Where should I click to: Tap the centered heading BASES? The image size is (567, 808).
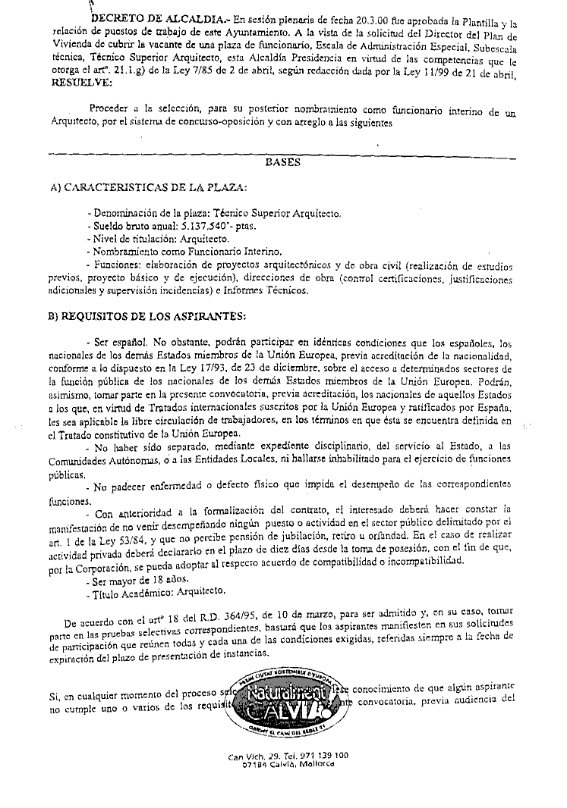[x=284, y=162]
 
